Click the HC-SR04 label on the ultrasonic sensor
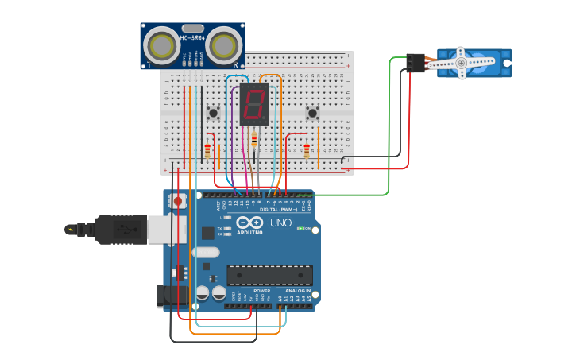[x=192, y=37]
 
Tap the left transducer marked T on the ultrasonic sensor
[x=162, y=46]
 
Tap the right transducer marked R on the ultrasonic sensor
[x=224, y=46]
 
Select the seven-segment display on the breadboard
[x=254, y=104]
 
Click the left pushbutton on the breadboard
[x=213, y=113]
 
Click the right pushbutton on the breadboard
[x=312, y=113]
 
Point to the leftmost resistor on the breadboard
[x=208, y=150]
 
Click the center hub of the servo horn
[x=461, y=63]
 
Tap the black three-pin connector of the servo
[x=415, y=63]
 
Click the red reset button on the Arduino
[x=177, y=202]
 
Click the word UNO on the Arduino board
[x=280, y=223]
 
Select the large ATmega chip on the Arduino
[x=269, y=275]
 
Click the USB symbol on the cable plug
[x=123, y=230]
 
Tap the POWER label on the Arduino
[x=262, y=291]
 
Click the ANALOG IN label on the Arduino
[x=298, y=291]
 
